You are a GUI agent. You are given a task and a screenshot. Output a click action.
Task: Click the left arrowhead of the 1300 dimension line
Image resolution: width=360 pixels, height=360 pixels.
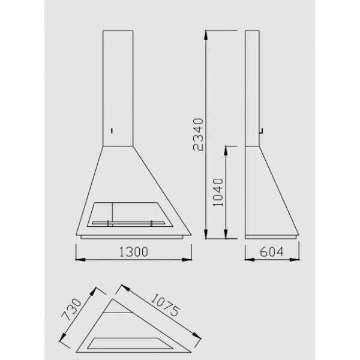(x=79, y=260)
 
